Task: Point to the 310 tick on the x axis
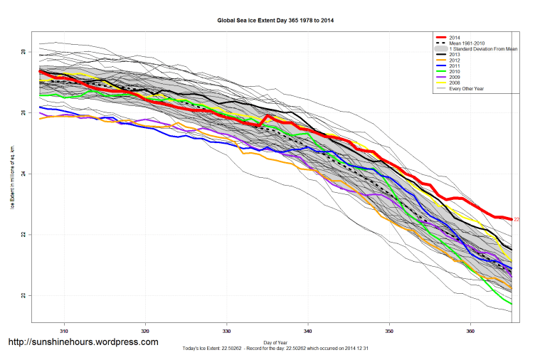[64, 330]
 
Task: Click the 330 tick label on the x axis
[227, 330]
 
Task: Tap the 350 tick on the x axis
[389, 330]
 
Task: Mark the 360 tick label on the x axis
[470, 330]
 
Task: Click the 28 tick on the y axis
[23, 53]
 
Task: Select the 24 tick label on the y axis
[23, 174]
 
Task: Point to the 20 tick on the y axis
[23, 295]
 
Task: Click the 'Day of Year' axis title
[275, 343]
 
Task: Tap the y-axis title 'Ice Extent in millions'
[12, 174]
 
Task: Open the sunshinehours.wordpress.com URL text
[83, 342]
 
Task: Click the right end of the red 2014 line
[511, 219]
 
